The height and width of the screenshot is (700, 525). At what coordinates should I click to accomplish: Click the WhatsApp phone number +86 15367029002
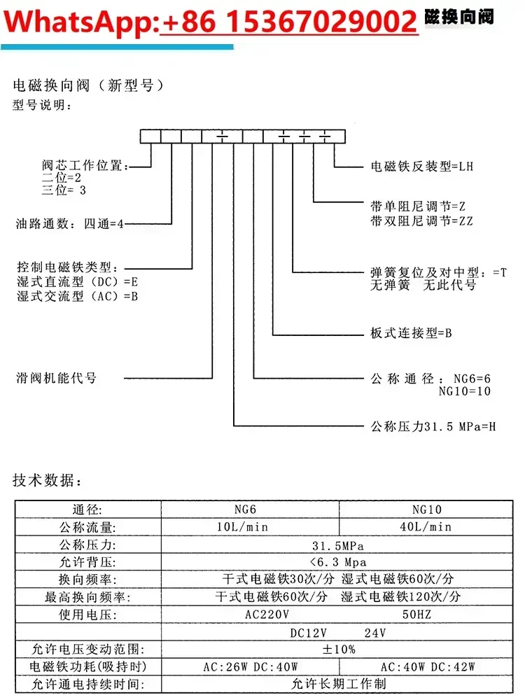click(289, 22)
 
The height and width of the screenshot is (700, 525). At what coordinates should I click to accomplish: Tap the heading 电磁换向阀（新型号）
click(89, 86)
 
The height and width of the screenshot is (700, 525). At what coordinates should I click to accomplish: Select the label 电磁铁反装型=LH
click(422, 167)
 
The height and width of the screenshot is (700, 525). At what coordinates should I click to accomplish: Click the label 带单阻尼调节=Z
click(417, 207)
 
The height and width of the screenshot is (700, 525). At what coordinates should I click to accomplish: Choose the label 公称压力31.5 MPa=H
click(433, 426)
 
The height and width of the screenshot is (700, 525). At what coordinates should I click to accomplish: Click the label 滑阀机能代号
click(57, 378)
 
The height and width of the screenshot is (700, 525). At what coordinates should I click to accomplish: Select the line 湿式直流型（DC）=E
click(78, 282)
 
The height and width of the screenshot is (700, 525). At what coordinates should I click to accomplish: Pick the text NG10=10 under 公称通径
click(465, 391)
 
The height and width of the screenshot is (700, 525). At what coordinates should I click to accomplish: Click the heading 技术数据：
click(48, 481)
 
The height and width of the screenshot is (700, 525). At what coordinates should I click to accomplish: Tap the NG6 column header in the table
click(250, 510)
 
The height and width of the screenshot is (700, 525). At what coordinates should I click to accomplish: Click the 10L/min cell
click(250, 526)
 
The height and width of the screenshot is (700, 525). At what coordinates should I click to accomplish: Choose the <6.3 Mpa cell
click(338, 561)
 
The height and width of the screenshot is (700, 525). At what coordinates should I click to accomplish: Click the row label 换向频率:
click(87, 579)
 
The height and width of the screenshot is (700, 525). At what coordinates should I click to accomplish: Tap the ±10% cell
click(338, 649)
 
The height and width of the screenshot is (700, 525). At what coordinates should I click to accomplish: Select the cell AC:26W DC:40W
click(250, 666)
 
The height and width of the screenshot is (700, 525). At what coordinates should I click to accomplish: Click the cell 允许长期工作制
click(338, 684)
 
